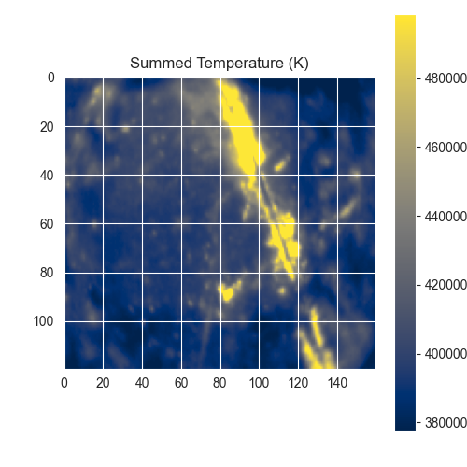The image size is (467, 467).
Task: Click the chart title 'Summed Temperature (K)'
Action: click(219, 64)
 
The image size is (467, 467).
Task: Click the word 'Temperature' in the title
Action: click(240, 64)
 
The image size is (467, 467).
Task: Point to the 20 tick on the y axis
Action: click(47, 127)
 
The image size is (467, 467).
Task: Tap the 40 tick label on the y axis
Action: click(47, 176)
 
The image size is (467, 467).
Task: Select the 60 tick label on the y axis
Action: click(47, 224)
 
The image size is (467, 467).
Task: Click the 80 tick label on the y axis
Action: click(47, 273)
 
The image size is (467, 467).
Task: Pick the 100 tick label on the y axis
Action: click(44, 321)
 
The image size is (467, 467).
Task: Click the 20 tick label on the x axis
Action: click(103, 383)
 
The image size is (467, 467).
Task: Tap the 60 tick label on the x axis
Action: click(181, 383)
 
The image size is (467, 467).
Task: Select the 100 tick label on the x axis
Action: click(259, 383)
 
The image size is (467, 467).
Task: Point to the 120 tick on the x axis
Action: click(298, 383)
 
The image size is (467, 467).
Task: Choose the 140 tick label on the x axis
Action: click(337, 383)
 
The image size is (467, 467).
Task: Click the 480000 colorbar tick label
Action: click(446, 78)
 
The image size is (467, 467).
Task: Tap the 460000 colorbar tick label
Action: click(446, 148)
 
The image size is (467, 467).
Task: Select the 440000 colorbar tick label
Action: click(446, 217)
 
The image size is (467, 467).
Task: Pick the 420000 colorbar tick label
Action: click(446, 285)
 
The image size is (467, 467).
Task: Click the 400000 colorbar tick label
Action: click(446, 354)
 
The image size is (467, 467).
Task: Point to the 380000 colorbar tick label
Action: click(446, 423)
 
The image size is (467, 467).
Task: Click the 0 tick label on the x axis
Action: click(64, 383)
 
